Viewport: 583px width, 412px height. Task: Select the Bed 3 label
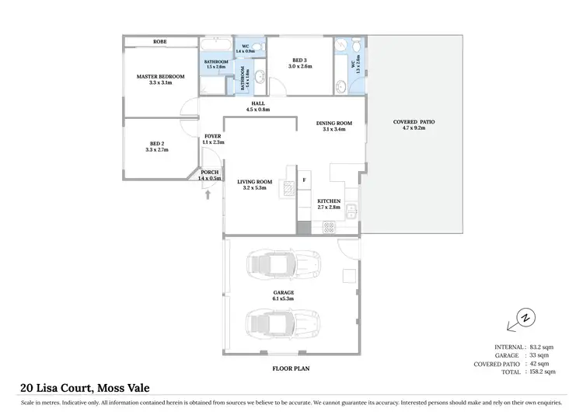pyautogui.click(x=301, y=63)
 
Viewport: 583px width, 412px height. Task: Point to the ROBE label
pyautogui.click(x=160, y=41)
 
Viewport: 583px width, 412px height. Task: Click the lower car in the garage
pyautogui.click(x=282, y=321)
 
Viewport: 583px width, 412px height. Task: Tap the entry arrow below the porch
pyautogui.click(x=208, y=194)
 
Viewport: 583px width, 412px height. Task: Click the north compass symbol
pyautogui.click(x=525, y=318)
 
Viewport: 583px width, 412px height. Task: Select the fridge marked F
pyautogui.click(x=304, y=180)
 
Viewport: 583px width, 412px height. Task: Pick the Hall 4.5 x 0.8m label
pyautogui.click(x=257, y=106)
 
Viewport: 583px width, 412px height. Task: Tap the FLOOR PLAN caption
pyautogui.click(x=288, y=368)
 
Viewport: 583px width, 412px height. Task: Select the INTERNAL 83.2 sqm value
pyautogui.click(x=541, y=347)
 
